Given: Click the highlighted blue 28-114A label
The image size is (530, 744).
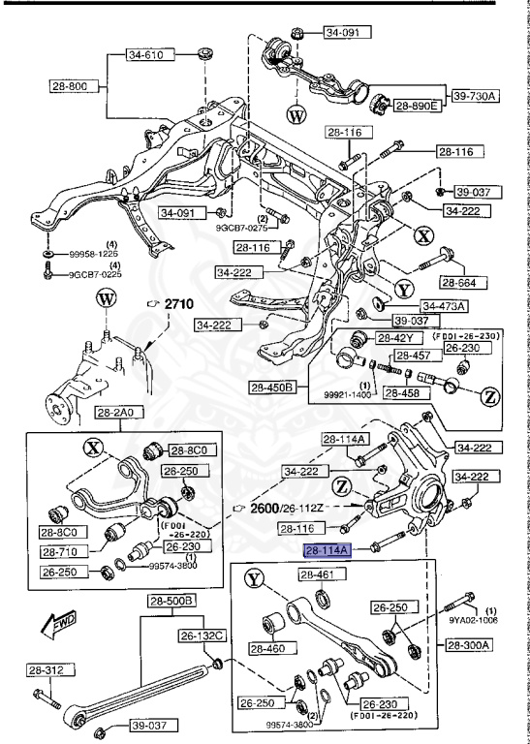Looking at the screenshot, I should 328,551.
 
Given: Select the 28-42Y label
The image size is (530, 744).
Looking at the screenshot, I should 395,338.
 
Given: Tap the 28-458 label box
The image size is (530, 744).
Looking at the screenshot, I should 405,392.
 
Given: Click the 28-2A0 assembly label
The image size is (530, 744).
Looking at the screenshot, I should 116,414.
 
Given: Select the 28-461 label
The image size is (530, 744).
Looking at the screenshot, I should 317,575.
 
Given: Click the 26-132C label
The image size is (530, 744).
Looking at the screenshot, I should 202,635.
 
